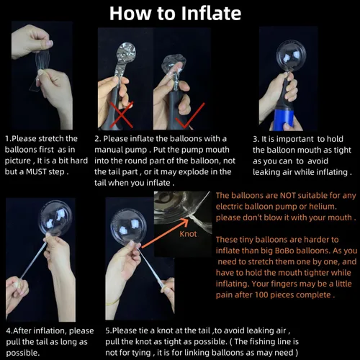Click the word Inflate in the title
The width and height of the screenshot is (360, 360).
[211, 14]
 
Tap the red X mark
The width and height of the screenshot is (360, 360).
[122, 115]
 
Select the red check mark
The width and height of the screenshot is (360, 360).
[190, 115]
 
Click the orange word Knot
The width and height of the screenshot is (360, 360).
[188, 234]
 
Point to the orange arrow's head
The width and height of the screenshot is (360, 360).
[184, 222]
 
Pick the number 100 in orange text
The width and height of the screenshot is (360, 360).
[261, 294]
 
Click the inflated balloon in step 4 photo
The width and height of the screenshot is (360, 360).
[56, 218]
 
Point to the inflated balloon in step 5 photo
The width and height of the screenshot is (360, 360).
[128, 227]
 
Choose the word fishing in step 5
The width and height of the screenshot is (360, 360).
[264, 341]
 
